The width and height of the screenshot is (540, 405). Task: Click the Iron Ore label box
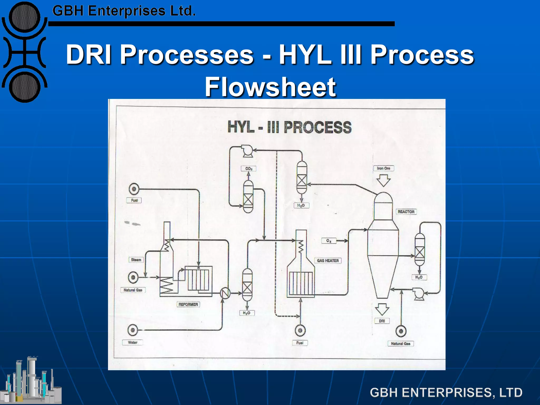coord(383,168)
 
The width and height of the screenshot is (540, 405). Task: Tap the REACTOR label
coord(406,212)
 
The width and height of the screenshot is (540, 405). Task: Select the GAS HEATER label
coord(328,261)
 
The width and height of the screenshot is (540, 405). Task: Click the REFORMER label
coord(188,304)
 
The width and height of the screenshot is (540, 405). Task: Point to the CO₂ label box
coord(249,168)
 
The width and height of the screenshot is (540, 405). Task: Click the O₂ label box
coord(329,241)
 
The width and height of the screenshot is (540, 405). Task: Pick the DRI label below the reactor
coord(382,321)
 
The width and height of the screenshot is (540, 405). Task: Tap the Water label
coord(133,343)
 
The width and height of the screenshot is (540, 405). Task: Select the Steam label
coord(136,260)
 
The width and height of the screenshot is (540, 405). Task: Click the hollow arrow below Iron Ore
coord(383,181)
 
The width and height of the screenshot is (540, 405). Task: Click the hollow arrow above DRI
coord(382,309)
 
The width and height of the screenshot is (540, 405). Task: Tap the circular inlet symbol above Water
coord(133,330)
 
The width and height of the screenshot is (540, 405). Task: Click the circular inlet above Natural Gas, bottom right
coord(401,331)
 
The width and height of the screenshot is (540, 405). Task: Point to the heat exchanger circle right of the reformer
coord(225,293)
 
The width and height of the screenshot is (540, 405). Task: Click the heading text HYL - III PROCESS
coord(290,127)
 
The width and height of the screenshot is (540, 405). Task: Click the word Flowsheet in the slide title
coord(270,87)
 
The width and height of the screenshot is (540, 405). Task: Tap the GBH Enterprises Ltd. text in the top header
coord(124,11)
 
